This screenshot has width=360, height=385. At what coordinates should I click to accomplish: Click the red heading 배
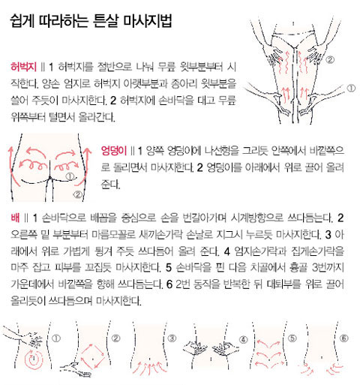(x=17, y=218)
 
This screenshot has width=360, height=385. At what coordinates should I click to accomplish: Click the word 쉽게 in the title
(x=27, y=26)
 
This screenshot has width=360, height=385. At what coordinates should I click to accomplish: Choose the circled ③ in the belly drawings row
(x=172, y=338)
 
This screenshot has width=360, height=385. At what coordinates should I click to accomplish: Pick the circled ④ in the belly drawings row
(x=243, y=338)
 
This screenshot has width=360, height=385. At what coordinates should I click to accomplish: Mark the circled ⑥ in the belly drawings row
(x=344, y=338)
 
